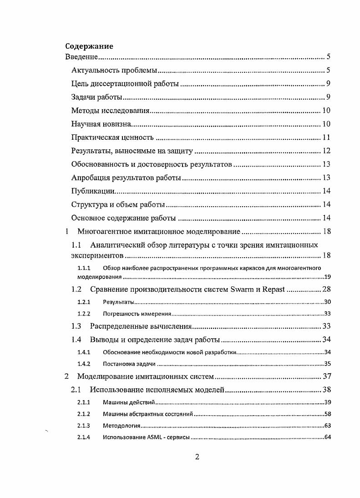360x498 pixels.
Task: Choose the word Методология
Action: pyautogui.click(x=121, y=426)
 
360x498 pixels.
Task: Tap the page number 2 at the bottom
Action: pyautogui.click(x=197, y=457)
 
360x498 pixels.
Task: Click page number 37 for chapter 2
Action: pyautogui.click(x=326, y=376)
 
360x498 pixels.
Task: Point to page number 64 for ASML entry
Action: pyautogui.click(x=327, y=438)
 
